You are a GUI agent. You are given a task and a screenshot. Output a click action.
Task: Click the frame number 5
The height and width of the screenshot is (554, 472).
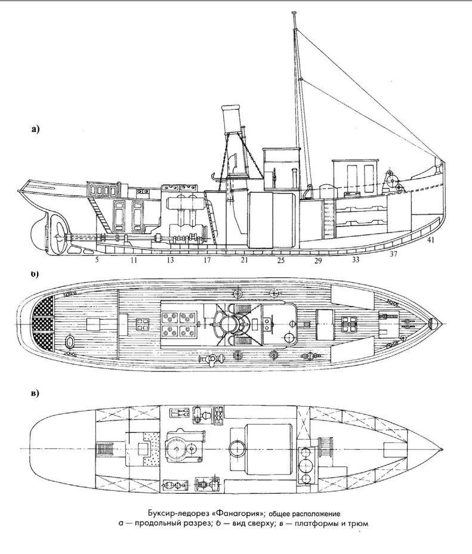tap(97, 259)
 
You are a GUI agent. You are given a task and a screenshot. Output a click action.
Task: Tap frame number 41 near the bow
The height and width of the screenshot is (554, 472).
tap(430, 241)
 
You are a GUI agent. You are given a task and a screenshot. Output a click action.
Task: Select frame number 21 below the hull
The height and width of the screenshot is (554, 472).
tap(244, 259)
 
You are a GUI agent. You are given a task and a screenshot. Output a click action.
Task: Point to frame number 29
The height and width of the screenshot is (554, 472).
tap(318, 261)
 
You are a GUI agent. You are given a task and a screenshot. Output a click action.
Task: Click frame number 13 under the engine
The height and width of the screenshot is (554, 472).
tap(170, 260)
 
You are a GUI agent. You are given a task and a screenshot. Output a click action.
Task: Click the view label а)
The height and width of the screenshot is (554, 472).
tap(35, 129)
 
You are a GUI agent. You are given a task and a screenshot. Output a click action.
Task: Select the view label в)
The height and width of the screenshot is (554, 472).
tap(35, 393)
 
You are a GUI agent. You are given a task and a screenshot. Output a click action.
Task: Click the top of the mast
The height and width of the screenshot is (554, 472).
tap(294, 14)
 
